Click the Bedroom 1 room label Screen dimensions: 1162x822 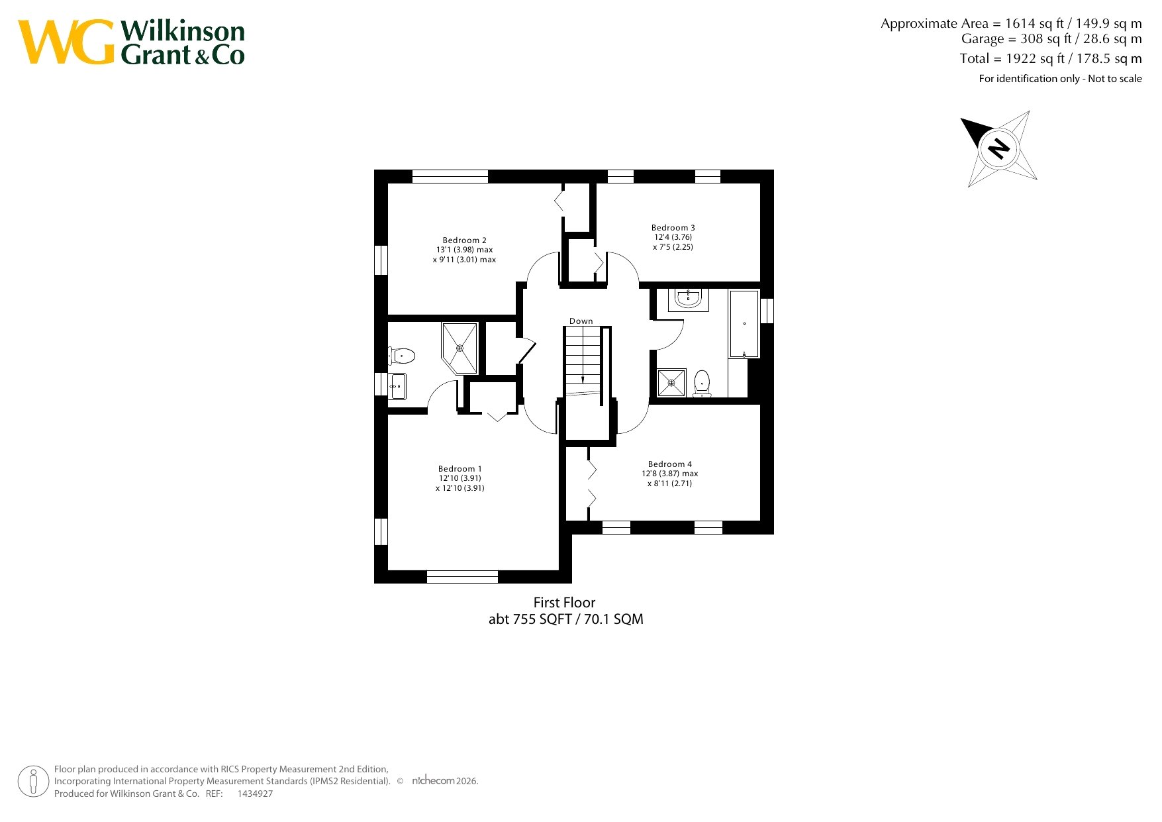coord(460,469)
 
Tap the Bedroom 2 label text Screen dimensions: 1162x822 coord(465,240)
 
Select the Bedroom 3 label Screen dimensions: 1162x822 coord(673,228)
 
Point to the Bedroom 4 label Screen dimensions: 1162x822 coord(670,464)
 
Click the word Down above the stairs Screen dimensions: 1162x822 coord(581,321)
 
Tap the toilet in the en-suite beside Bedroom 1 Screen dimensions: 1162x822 coord(401,356)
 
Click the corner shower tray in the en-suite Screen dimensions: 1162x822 coord(460,348)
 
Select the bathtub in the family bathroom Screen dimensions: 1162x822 coord(744,324)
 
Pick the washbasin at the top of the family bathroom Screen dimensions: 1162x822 coord(689,299)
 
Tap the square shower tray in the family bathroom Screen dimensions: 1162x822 coord(671,383)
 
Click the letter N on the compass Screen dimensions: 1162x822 coord(998,147)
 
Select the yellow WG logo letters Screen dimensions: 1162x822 coord(66,42)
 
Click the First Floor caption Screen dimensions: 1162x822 coord(565,603)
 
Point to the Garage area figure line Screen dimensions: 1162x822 coord(1051,39)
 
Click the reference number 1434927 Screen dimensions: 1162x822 coord(255,794)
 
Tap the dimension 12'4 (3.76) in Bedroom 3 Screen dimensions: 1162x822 coord(673,237)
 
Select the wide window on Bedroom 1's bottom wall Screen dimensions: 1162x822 coord(462,577)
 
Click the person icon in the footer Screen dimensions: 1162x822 coord(33,782)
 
